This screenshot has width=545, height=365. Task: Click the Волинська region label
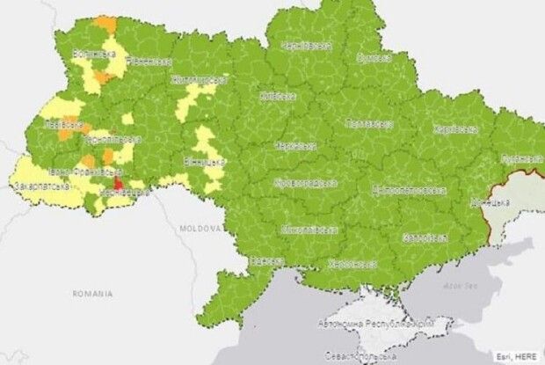(x=94, y=55)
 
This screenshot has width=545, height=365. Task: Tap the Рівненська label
(x=149, y=62)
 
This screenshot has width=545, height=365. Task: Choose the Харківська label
(x=455, y=129)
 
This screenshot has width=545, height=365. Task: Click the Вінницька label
(x=205, y=162)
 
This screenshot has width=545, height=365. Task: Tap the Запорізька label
(x=425, y=237)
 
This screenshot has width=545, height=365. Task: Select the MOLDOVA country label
(x=200, y=227)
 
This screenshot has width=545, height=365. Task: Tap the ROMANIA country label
(x=93, y=291)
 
